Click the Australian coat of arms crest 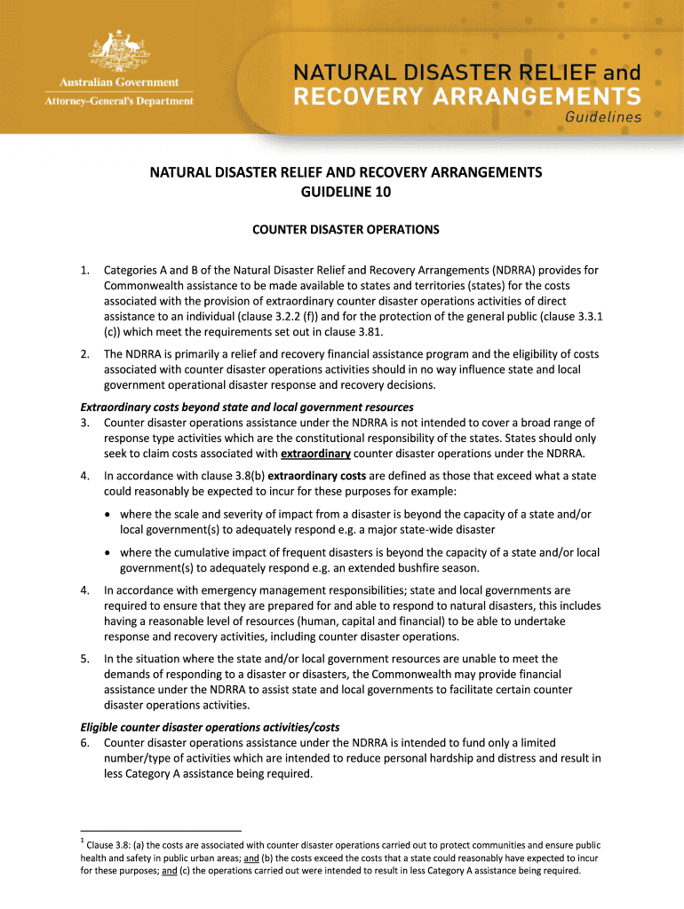(118, 54)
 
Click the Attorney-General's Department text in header (118, 100)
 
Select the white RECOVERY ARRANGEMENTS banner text (465, 95)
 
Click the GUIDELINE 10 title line (346, 191)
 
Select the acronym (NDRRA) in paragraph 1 (505, 269)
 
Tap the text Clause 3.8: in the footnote (114, 845)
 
